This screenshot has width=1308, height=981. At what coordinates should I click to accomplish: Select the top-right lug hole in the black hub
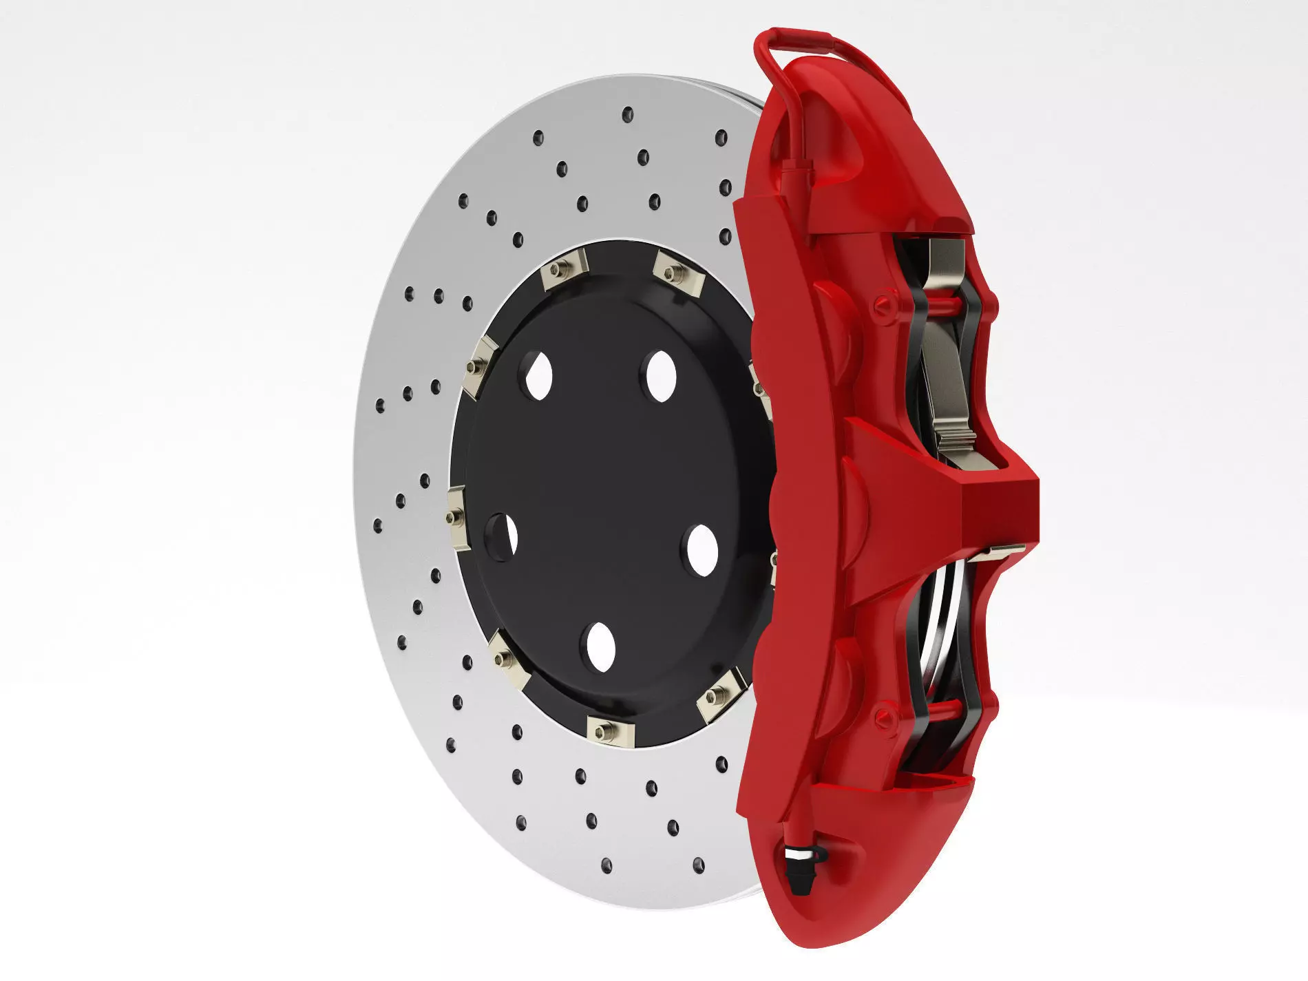coord(660,375)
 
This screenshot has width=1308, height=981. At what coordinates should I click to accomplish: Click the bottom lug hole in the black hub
coord(600,647)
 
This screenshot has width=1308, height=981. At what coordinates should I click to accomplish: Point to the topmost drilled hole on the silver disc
coord(627,114)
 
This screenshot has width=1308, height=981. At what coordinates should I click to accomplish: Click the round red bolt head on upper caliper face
coord(885,306)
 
